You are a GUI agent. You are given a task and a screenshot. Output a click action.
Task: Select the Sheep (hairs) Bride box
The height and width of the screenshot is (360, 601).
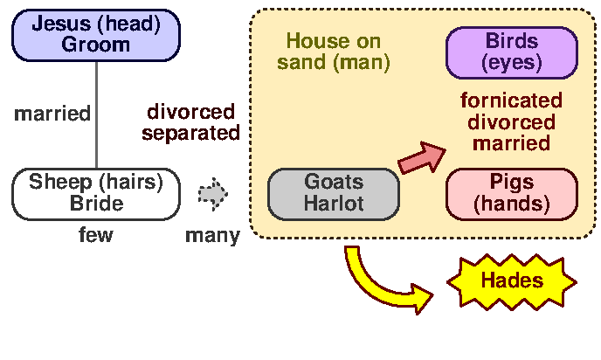click(x=95, y=193)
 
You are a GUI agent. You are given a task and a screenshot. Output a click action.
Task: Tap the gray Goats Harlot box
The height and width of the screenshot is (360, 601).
click(x=334, y=194)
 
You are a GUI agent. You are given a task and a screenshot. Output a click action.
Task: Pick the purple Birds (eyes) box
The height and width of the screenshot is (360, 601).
click(x=512, y=52)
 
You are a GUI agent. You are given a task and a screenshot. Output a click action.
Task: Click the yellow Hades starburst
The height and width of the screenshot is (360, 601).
click(x=512, y=280)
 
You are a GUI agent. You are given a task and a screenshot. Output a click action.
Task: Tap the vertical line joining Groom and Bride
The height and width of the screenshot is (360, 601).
click(x=96, y=114)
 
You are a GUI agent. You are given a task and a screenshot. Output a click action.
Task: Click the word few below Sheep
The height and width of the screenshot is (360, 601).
click(x=95, y=235)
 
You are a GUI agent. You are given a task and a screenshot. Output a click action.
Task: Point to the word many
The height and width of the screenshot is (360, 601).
click(x=212, y=236)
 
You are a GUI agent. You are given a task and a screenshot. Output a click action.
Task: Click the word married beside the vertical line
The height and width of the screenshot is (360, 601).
click(x=52, y=113)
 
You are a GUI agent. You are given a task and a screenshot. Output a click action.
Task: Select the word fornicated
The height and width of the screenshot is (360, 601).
click(x=512, y=100)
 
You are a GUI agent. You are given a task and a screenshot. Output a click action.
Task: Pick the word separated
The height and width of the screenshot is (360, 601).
click(x=190, y=133)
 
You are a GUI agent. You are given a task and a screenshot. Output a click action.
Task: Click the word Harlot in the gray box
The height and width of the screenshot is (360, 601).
click(x=334, y=204)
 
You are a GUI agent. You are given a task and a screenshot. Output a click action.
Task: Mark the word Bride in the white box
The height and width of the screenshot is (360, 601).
click(x=95, y=204)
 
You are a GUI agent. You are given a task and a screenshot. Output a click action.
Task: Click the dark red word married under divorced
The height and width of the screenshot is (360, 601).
click(x=512, y=142)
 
